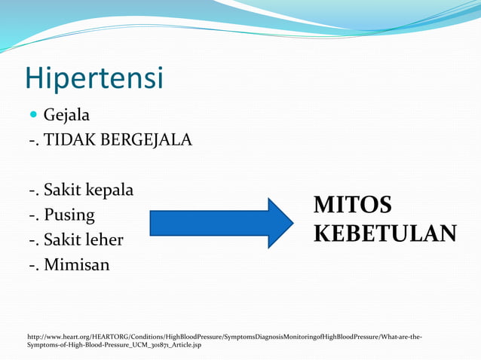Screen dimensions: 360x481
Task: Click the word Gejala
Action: point(66,116)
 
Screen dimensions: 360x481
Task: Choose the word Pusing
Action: point(69,215)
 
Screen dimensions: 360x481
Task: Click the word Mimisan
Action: point(76,265)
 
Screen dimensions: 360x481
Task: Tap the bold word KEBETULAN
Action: point(384,233)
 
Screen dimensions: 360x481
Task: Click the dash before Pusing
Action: point(32,216)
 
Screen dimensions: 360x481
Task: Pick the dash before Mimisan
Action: point(32,266)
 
